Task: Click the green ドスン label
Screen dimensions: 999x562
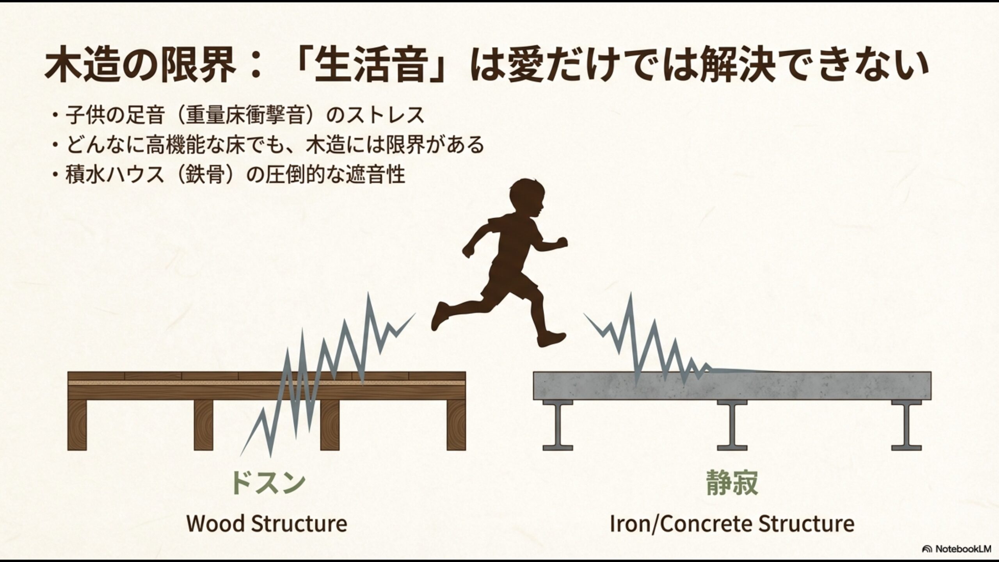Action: (267, 482)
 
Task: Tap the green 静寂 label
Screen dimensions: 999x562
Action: (732, 482)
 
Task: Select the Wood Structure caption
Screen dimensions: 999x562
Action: (267, 523)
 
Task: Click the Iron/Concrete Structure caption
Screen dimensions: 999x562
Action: (732, 523)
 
